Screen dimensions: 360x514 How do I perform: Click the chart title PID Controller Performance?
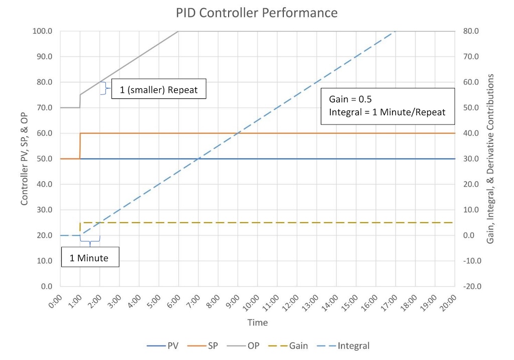point(256,12)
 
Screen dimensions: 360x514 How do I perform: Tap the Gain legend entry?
point(289,345)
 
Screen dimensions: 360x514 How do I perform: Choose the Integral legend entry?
point(345,345)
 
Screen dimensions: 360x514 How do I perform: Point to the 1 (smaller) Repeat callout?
point(158,90)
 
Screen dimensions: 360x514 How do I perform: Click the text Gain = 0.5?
point(350,98)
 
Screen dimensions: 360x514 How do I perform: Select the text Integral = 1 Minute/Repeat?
point(387,112)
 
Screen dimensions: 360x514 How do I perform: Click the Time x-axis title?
point(258,322)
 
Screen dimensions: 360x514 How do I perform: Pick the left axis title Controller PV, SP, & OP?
point(25,158)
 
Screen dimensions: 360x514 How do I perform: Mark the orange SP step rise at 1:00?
point(80,146)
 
